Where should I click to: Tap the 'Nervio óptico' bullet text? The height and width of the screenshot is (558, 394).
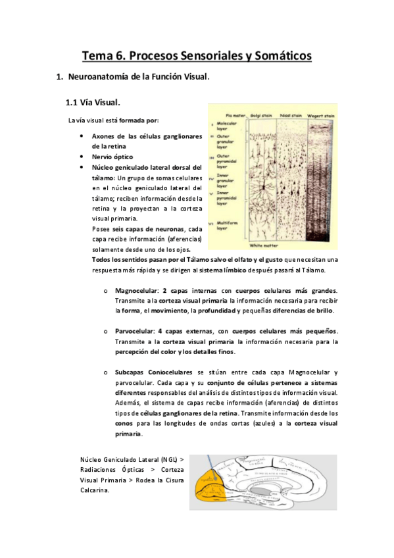coord(112,157)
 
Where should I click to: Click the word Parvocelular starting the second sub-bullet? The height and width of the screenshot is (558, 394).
coord(135,331)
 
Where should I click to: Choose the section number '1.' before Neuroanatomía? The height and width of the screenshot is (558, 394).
coord(61,78)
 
